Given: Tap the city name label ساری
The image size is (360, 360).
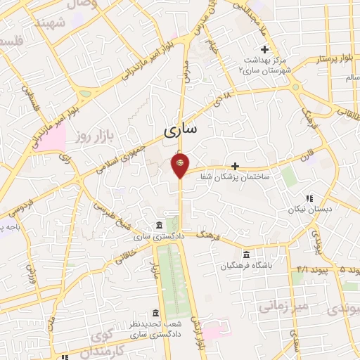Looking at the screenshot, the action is pos(181,129).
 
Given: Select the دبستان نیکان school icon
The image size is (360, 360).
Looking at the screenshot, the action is pos(309,198).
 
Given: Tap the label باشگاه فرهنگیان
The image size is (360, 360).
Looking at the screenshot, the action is pos(245,266).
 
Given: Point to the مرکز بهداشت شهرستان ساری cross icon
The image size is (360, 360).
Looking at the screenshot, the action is pos(265,49).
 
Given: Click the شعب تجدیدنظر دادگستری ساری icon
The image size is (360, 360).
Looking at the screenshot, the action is pos(155,312).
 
